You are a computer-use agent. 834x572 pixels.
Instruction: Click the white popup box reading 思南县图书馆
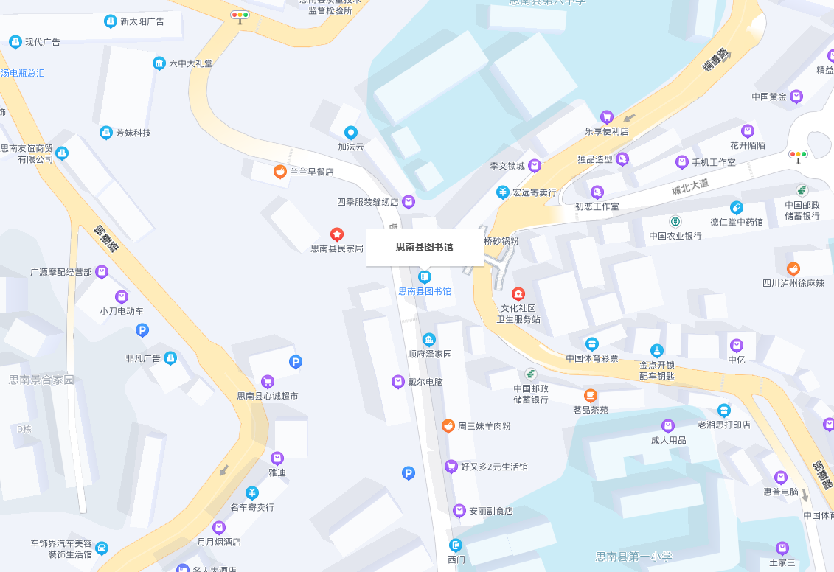tap(424, 247)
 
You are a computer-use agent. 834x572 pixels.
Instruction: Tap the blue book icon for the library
tap(425, 277)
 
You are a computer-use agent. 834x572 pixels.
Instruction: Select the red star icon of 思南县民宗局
tap(337, 234)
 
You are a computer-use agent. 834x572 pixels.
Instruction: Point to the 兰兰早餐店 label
tap(311, 172)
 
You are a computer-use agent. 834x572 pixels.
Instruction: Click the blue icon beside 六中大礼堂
tap(159, 63)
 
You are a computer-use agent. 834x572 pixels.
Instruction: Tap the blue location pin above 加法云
tap(351, 133)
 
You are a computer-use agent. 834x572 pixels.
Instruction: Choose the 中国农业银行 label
tap(675, 236)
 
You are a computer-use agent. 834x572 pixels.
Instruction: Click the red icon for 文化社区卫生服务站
tap(518, 294)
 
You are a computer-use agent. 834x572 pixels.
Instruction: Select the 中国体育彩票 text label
tap(592, 358)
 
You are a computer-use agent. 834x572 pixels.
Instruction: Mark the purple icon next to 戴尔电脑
tap(398, 381)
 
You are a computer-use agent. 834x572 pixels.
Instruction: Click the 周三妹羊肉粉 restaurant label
tap(484, 426)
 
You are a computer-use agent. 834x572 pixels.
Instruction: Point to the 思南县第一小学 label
tap(634, 557)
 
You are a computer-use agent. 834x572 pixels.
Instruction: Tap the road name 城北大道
tap(689, 186)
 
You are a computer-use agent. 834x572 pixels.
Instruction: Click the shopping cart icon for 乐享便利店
tap(607, 116)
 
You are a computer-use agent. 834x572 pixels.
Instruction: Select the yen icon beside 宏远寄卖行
tap(503, 192)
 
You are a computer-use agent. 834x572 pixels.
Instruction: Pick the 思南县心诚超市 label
tap(268, 396)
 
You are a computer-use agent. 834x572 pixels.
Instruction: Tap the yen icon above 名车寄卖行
tap(252, 492)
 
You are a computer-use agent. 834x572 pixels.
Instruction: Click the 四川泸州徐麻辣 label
tap(793, 283)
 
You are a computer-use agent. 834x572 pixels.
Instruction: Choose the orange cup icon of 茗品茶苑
tap(591, 396)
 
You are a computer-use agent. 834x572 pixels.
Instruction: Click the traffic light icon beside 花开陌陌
tap(798, 155)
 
